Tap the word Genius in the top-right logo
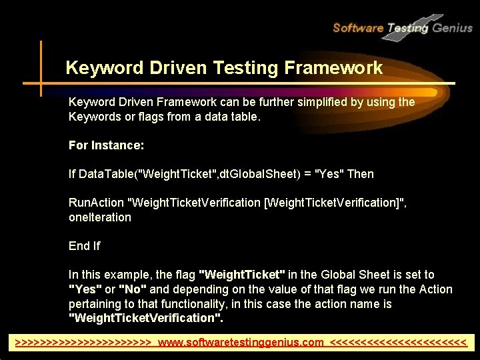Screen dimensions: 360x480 tap(452, 27)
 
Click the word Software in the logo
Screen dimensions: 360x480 tap(357, 27)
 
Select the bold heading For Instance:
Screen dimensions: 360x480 tap(107, 145)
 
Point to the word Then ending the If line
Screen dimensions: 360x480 tap(360, 174)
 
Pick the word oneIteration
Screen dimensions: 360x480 tap(100, 217)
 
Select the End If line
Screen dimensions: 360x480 tap(84, 246)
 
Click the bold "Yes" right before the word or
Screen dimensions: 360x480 tap(85, 289)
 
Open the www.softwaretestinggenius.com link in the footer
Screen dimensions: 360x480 tap(245, 343)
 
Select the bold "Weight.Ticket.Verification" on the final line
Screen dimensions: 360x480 tap(146, 318)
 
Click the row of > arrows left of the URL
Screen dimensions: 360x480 tap(83, 343)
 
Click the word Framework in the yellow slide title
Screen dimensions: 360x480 tap(333, 68)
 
